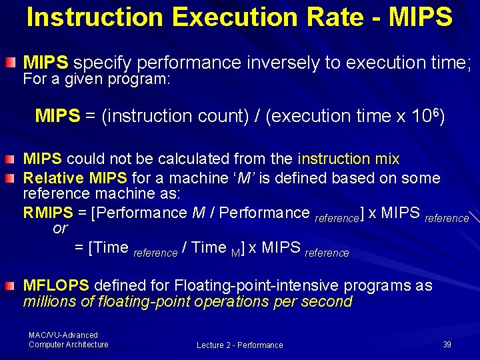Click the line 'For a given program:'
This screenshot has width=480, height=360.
coord(97,80)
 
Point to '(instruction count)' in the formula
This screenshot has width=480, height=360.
coord(175,117)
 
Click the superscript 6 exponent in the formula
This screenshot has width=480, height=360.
coord(435,111)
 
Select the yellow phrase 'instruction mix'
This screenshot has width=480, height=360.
coord(349,159)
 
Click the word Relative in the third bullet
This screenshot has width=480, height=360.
coord(52,178)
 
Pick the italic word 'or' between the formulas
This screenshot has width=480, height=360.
coord(60,229)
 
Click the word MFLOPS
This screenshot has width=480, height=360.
coord(56,286)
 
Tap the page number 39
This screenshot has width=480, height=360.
coord(447,345)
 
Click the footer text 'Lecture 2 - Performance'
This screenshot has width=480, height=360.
coord(239,345)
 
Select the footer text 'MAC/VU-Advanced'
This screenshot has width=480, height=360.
coord(63,335)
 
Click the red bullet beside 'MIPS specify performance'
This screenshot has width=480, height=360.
coord(11,63)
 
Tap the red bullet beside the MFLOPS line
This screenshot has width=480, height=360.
coord(11,286)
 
